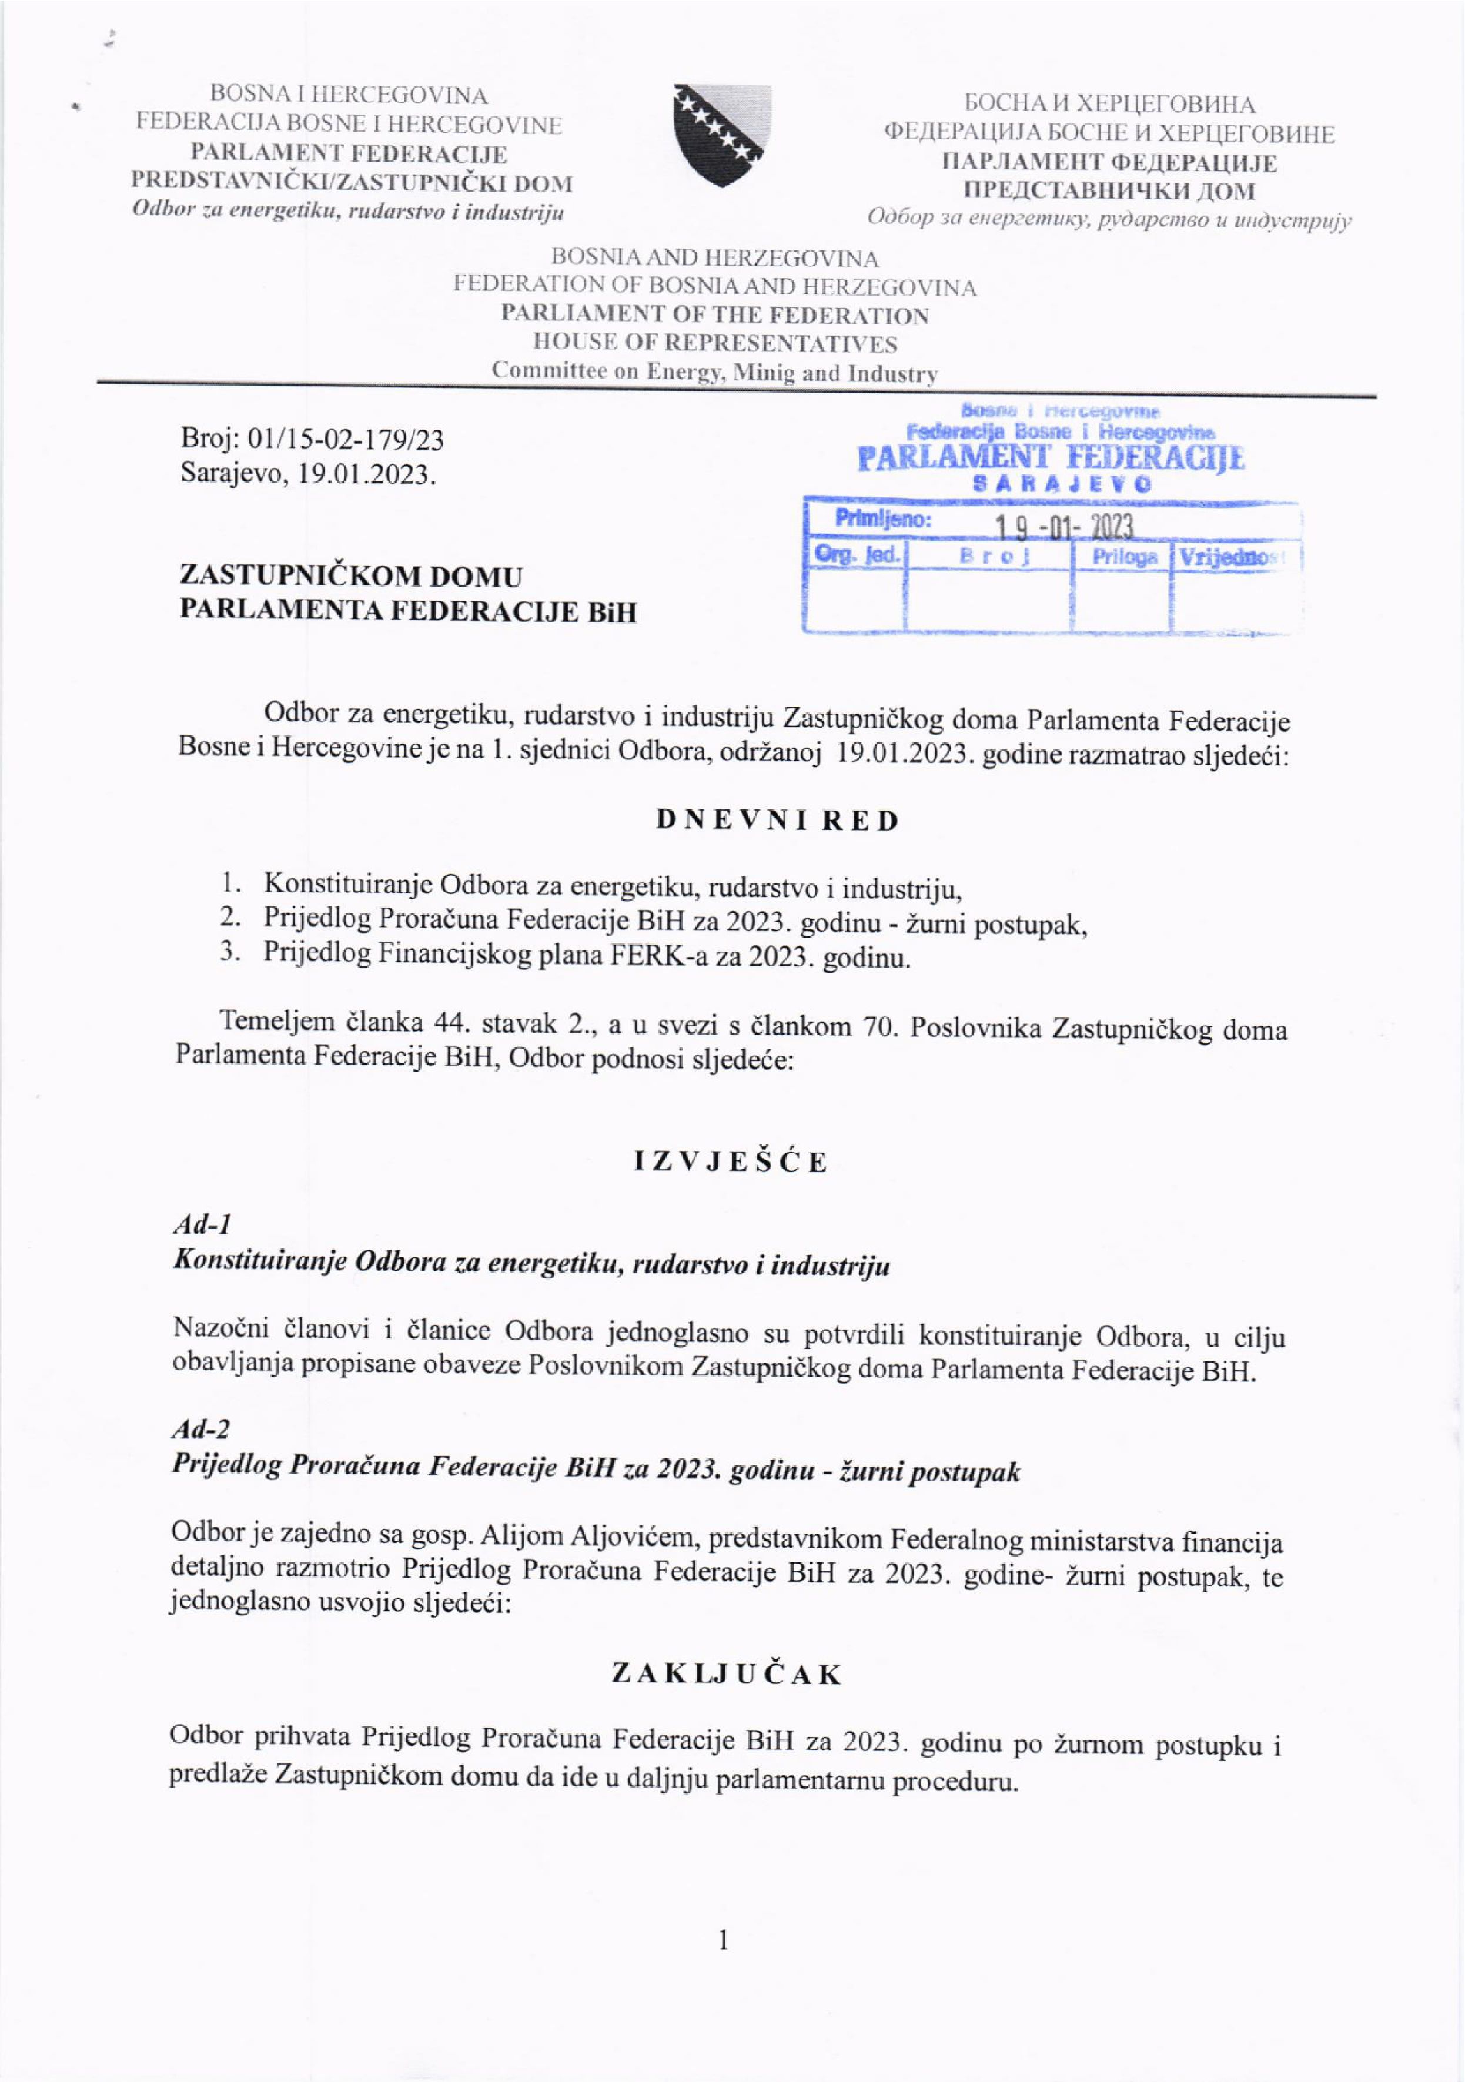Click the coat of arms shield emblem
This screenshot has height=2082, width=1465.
[721, 135]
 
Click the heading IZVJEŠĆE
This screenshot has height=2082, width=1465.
[731, 1161]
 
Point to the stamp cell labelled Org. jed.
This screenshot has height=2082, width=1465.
[855, 555]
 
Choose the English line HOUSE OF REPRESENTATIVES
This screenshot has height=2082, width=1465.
[715, 344]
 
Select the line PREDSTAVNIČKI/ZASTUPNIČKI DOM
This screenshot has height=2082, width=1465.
[353, 183]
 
